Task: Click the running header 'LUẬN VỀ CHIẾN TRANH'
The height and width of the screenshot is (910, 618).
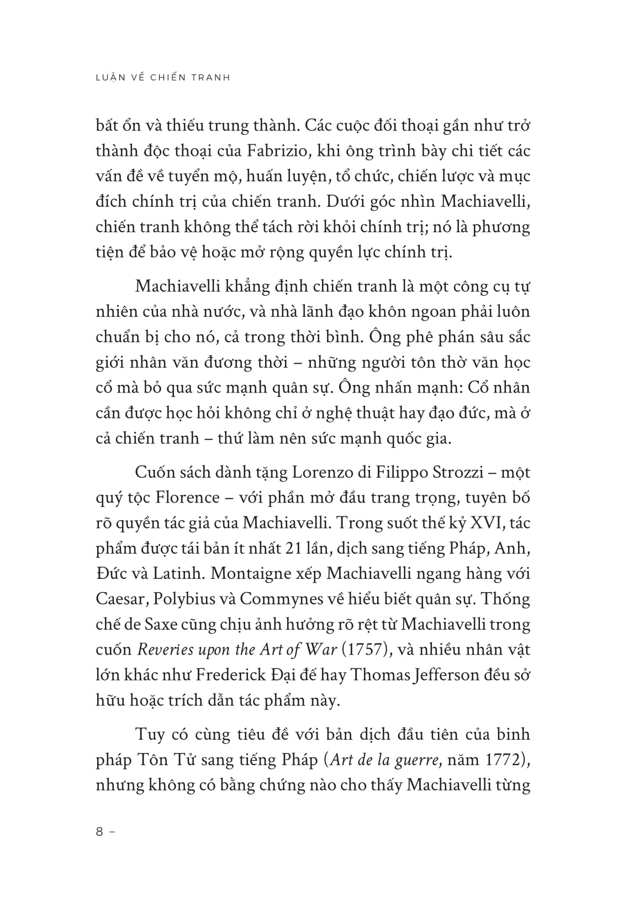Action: click(163, 77)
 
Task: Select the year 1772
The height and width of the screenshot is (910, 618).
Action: click(503, 760)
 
